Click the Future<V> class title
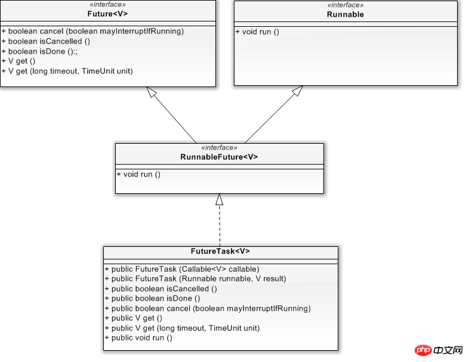pos(107,14)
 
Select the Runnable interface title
pos(345,14)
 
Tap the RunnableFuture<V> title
pos(219,157)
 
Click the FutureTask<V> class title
pos(220,251)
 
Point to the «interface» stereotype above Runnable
pos(345,5)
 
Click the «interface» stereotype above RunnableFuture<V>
pos(219,148)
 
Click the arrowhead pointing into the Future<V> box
pos(152,92)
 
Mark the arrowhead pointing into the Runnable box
pos(298,91)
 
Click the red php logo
pos(423,350)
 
